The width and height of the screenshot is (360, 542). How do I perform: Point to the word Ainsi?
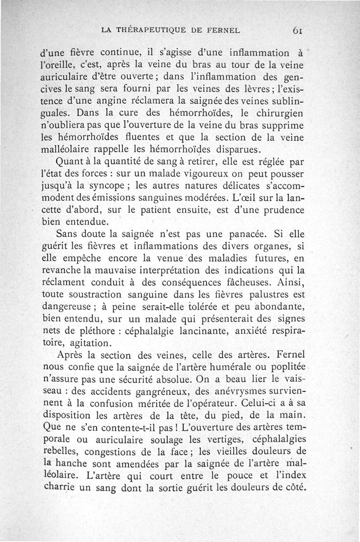[290, 282]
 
